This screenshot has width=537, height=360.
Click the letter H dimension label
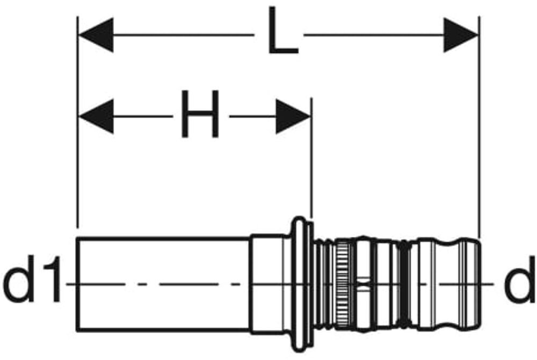pyautogui.click(x=200, y=114)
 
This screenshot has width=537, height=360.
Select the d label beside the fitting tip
pyautogui.click(x=519, y=285)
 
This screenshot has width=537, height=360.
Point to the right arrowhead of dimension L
pyautogui.click(x=461, y=35)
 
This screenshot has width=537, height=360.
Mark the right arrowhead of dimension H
pyautogui.click(x=293, y=116)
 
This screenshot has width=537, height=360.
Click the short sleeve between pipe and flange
pyautogui.click(x=267, y=283)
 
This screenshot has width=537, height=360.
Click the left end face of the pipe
pyautogui.click(x=78, y=283)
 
